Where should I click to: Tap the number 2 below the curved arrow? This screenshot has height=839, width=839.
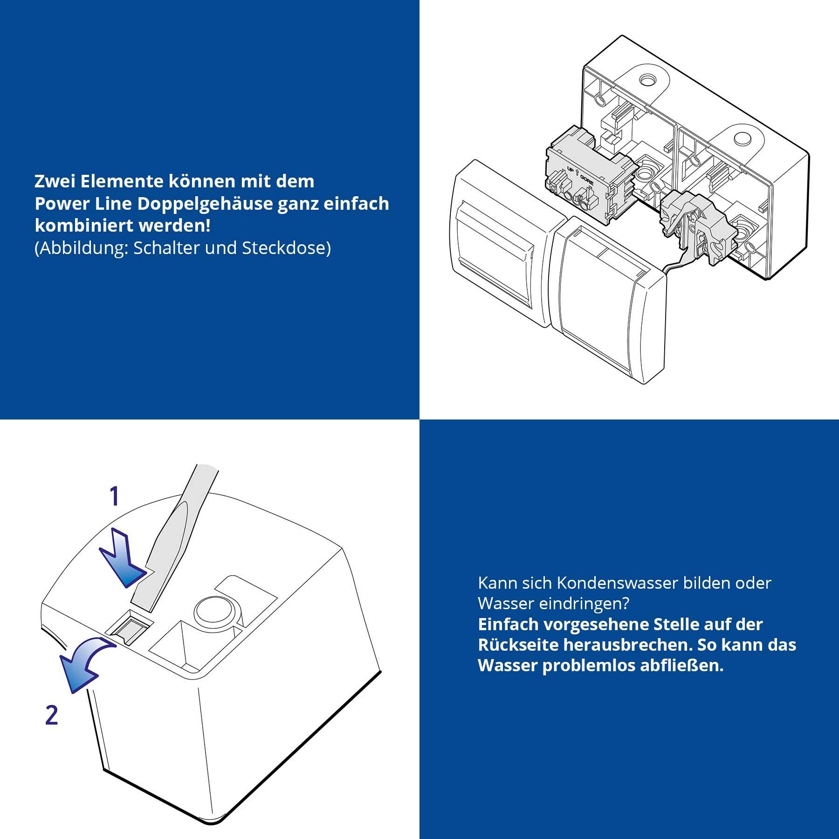coord(51,715)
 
